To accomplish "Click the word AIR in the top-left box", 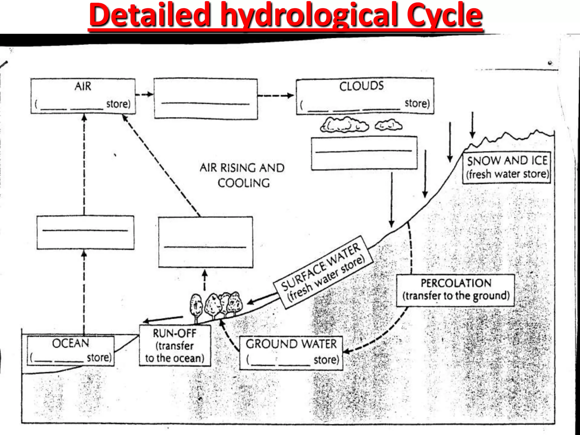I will (x=83, y=86).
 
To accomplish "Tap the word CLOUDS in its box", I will (x=361, y=86).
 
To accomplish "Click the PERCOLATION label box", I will (x=455, y=290).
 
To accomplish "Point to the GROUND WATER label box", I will (x=291, y=353).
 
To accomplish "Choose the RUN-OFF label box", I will (x=175, y=346).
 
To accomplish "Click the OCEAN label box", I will (x=71, y=351).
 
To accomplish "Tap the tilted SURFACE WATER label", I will (x=323, y=272).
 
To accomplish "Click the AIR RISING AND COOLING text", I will (x=242, y=175).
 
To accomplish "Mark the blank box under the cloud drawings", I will (x=364, y=153).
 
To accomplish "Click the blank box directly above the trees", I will (x=205, y=242).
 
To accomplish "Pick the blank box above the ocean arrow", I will (x=85, y=233).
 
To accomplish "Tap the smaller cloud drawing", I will (x=388, y=125).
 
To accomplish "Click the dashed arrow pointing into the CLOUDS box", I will (x=276, y=95).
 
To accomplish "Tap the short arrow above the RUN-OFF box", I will (x=163, y=319).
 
